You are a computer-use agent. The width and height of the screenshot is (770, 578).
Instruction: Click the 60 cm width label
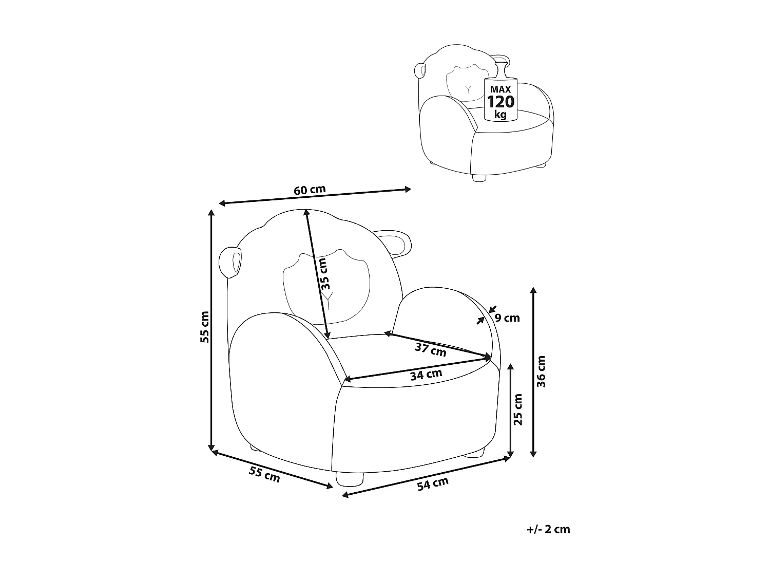click(310, 190)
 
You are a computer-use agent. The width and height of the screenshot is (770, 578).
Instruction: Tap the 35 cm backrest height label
click(323, 274)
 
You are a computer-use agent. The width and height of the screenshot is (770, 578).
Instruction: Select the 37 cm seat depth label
click(430, 349)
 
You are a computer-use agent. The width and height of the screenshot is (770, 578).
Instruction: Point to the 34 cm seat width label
click(426, 375)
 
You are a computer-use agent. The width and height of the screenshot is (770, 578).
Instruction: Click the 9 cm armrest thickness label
click(507, 318)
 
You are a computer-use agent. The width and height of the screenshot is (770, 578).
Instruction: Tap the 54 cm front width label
click(433, 484)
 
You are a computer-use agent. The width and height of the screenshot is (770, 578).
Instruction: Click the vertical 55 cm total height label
click(205, 327)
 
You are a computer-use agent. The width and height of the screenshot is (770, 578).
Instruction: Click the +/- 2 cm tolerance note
click(548, 529)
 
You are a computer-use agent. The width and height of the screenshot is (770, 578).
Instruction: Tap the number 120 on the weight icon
click(500, 102)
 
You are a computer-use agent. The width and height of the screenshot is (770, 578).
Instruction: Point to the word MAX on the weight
click(500, 89)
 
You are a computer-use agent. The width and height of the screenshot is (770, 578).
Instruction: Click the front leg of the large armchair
click(348, 480)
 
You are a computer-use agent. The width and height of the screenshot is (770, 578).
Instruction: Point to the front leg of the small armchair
click(478, 178)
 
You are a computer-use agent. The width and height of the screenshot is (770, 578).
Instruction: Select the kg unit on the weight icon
click(500, 114)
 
